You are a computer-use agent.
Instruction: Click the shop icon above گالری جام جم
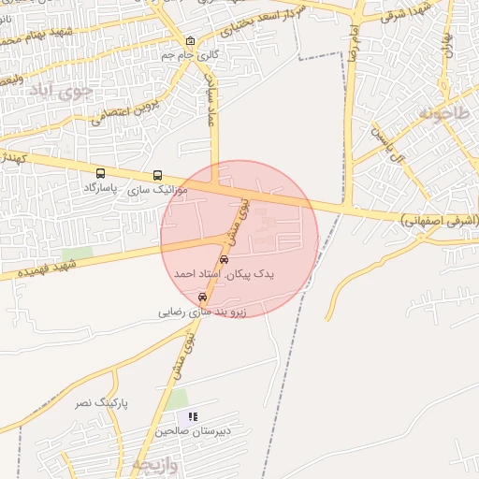pyautogui.click(x=191, y=41)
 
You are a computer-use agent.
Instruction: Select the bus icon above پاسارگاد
pyautogui.click(x=101, y=173)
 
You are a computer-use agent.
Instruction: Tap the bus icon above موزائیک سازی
pyautogui.click(x=157, y=175)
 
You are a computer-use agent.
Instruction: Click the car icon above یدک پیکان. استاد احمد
pyautogui.click(x=223, y=259)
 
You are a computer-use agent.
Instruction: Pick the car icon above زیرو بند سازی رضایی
pyautogui.click(x=202, y=297)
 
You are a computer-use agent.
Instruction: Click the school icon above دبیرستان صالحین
pyautogui.click(x=193, y=416)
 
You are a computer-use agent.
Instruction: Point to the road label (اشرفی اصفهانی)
pyautogui.click(x=439, y=221)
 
